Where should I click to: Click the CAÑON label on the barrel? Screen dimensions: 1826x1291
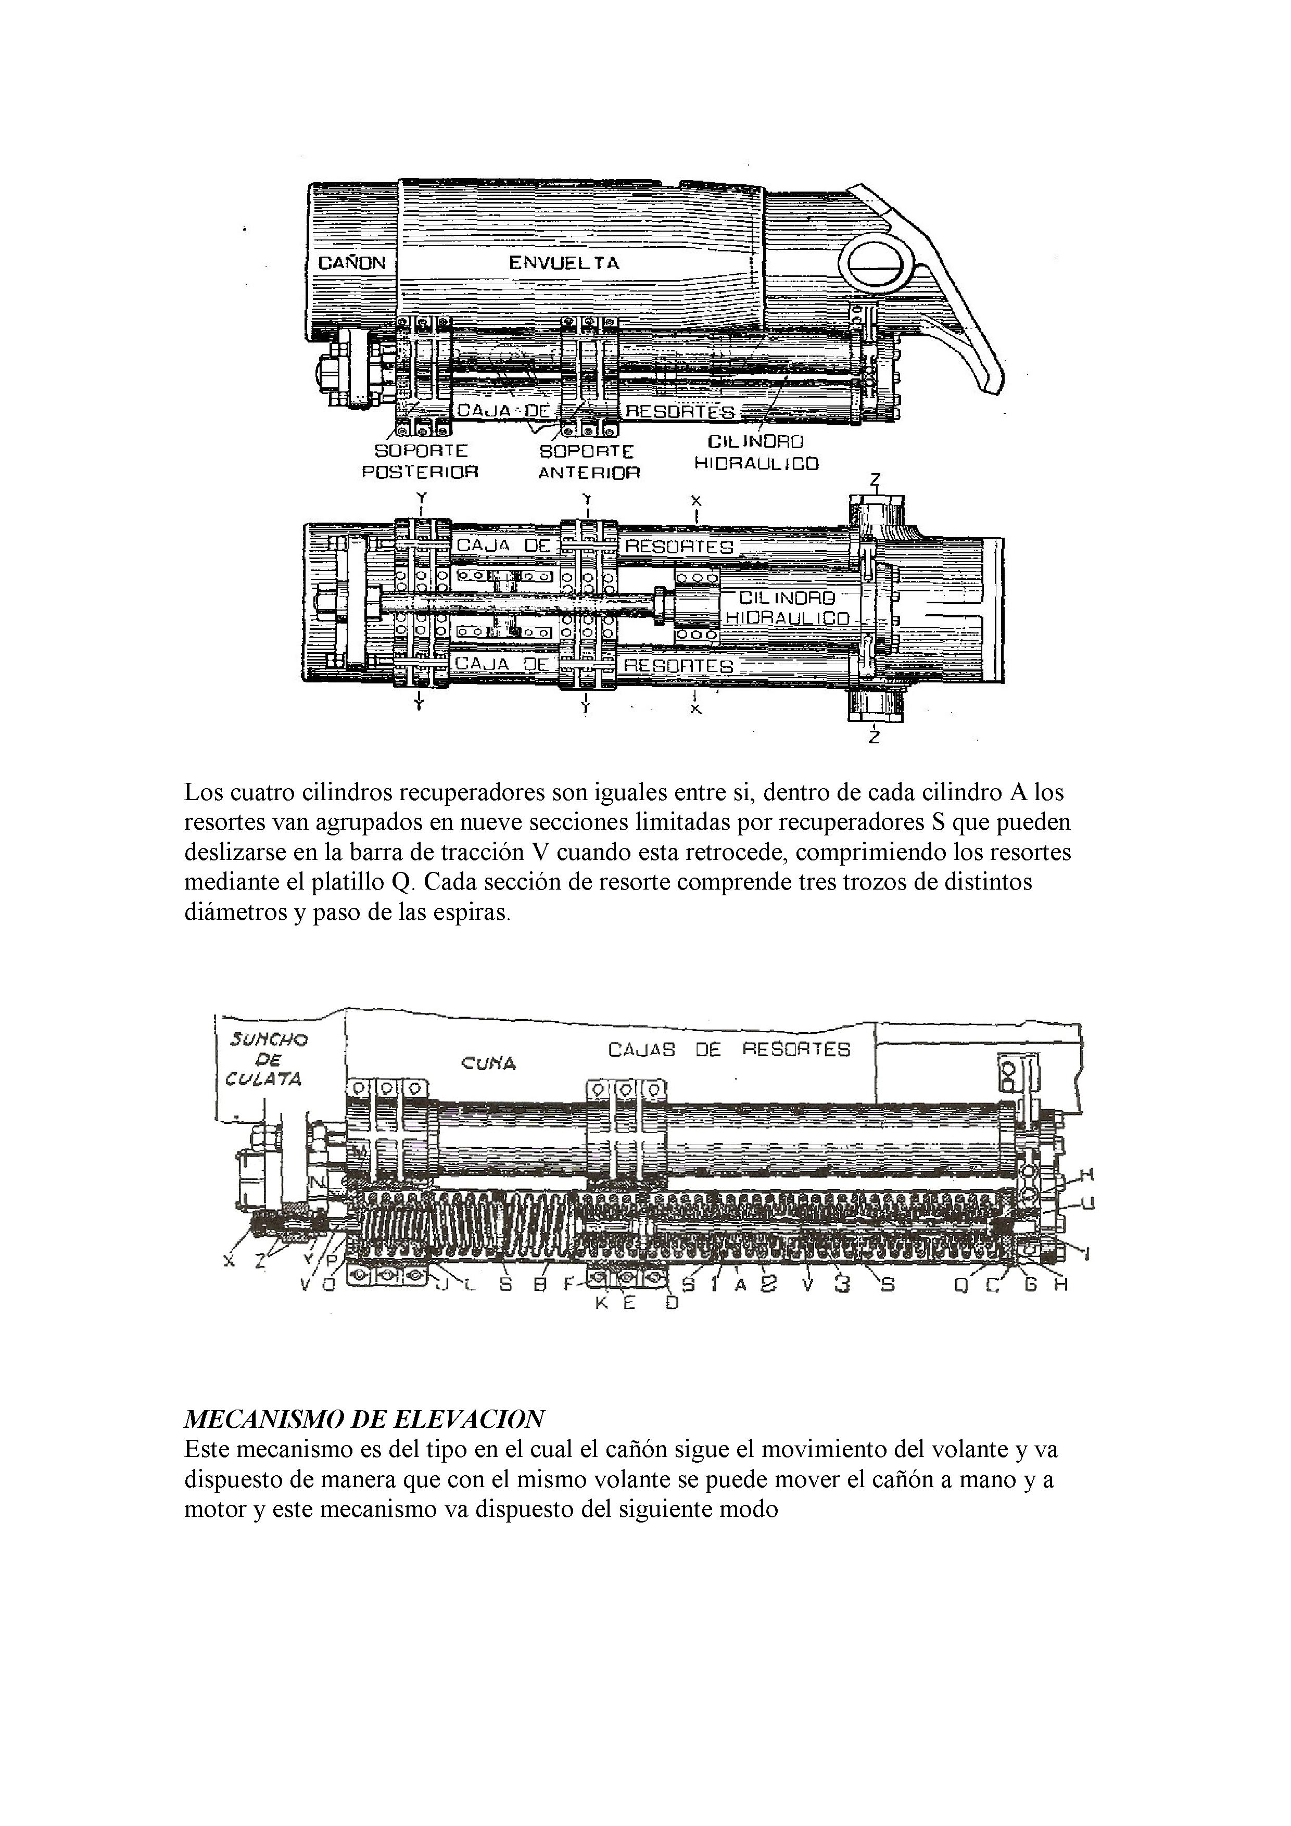[351, 262]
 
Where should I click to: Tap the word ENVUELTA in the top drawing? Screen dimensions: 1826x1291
[564, 262]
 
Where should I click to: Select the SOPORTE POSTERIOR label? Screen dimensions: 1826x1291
[421, 461]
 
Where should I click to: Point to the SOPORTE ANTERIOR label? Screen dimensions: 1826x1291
[589, 462]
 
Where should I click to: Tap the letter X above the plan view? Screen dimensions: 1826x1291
[695, 501]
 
